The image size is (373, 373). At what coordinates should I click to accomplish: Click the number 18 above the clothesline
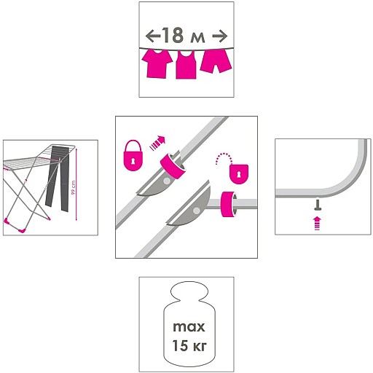pyautogui.click(x=172, y=36)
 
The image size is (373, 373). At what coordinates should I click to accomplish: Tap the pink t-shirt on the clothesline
pyautogui.click(x=157, y=64)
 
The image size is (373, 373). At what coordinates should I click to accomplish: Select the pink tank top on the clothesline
pyautogui.click(x=186, y=65)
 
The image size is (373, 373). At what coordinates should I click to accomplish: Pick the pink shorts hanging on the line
pyautogui.click(x=216, y=60)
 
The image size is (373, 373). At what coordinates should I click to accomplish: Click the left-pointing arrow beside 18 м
pyautogui.click(x=153, y=36)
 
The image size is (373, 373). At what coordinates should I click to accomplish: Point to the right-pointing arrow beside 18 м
pyautogui.click(x=220, y=36)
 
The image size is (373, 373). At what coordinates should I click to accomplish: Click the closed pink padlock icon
pyautogui.click(x=133, y=155)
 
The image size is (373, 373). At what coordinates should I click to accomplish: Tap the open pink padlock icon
pyautogui.click(x=238, y=173)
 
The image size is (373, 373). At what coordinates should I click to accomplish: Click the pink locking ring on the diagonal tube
pyautogui.click(x=173, y=167)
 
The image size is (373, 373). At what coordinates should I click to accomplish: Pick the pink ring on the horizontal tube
pyautogui.click(x=229, y=204)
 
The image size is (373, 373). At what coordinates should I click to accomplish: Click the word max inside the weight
pyautogui.click(x=189, y=327)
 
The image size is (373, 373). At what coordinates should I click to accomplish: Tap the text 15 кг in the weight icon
pyautogui.click(x=189, y=345)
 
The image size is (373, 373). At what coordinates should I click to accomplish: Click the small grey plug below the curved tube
pyautogui.click(x=318, y=205)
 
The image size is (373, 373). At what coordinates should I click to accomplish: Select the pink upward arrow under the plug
pyautogui.click(x=317, y=223)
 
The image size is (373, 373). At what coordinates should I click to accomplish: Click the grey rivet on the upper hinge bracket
pyautogui.click(x=167, y=181)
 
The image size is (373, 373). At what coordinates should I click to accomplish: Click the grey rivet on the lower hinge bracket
pyautogui.click(x=197, y=211)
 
